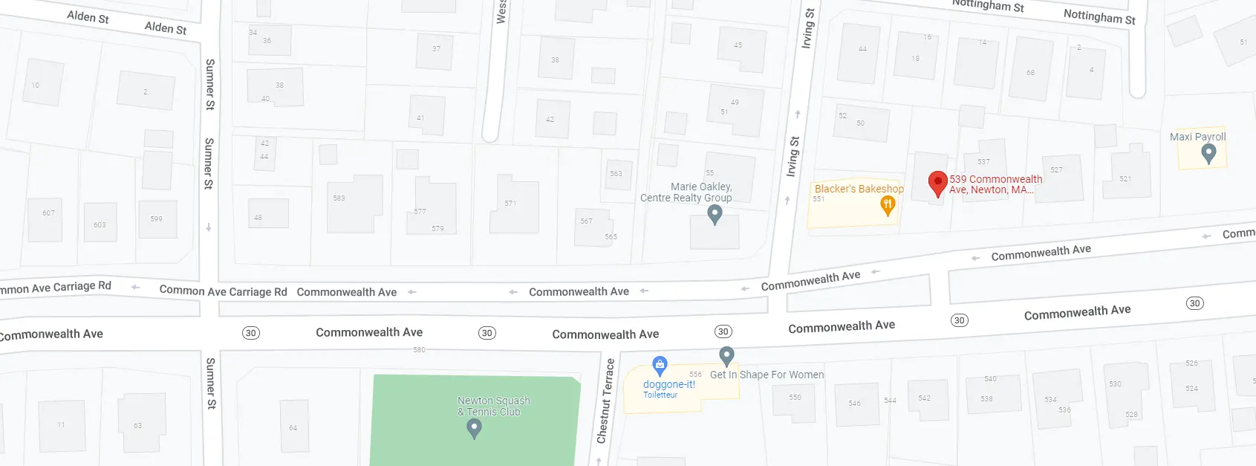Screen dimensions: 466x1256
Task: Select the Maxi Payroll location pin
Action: point(1208,153)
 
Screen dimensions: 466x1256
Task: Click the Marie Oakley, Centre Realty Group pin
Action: point(715,214)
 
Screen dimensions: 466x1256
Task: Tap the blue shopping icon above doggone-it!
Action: point(660,365)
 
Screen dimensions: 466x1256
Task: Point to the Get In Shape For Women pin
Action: point(726,356)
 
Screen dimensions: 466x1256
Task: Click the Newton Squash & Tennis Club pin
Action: point(474,427)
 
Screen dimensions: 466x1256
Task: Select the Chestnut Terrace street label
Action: point(606,401)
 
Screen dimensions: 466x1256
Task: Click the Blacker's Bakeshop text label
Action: point(859,189)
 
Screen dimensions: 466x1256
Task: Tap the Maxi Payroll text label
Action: point(1197,137)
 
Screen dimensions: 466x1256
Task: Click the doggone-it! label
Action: point(668,384)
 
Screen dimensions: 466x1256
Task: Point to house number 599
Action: point(156,217)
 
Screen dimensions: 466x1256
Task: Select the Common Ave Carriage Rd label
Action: point(223,291)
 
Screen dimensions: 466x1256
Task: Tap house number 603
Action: point(100,223)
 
